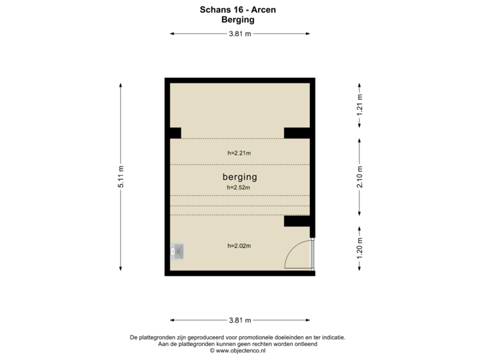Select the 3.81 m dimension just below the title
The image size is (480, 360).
click(x=240, y=33)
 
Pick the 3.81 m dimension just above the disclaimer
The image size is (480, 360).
click(x=240, y=319)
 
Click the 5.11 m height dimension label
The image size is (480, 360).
click(x=121, y=177)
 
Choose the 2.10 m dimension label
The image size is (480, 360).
click(x=360, y=177)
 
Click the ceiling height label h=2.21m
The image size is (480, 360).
click(x=239, y=153)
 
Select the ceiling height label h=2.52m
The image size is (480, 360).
click(x=239, y=187)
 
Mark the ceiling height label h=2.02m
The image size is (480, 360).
click(x=239, y=245)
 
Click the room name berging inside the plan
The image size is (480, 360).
click(x=239, y=177)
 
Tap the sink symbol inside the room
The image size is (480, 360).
click(x=178, y=251)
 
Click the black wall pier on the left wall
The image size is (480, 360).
click(x=175, y=133)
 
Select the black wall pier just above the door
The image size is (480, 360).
click(x=297, y=221)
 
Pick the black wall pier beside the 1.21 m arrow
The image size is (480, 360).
click(x=297, y=133)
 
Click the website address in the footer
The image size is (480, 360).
click(x=241, y=349)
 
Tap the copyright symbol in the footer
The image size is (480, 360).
click(x=212, y=349)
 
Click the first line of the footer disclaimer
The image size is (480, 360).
click(x=239, y=337)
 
